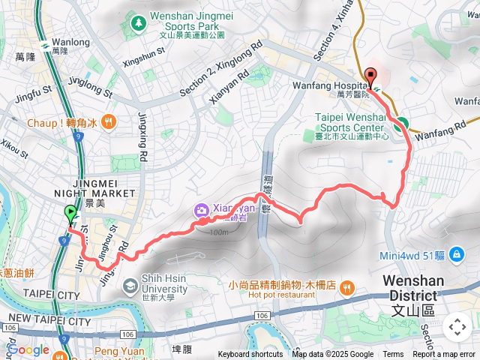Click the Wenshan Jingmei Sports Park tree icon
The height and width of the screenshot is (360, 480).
[137, 25]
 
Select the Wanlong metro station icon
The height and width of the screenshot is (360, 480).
[46, 44]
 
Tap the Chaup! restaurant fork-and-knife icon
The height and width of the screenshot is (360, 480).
[109, 121]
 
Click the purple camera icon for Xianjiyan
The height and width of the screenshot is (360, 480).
[201, 211]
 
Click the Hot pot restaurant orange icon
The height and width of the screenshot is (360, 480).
[346, 286]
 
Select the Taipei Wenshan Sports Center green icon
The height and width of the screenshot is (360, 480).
[309, 136]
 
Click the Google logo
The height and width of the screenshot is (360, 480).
[28, 349]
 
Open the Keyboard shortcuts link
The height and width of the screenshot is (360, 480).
[250, 355]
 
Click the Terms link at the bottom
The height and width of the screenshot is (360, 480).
[393, 355]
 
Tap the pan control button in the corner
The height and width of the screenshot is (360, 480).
[457, 327]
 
